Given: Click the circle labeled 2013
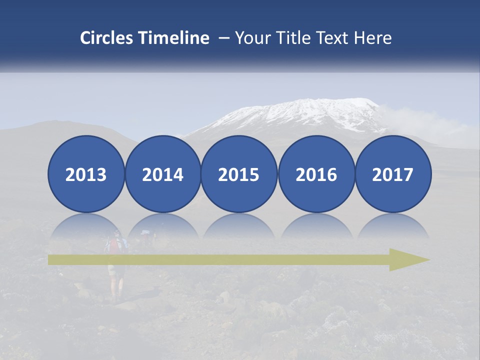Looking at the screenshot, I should (86, 174).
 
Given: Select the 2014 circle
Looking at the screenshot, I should (162, 174).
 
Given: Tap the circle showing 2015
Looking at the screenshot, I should (239, 174).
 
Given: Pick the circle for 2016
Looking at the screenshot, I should (316, 174).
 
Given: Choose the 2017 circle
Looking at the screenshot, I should (393, 174).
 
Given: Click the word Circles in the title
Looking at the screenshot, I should (107, 38).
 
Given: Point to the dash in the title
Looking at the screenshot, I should (224, 38).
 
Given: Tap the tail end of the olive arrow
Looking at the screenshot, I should (52, 259).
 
